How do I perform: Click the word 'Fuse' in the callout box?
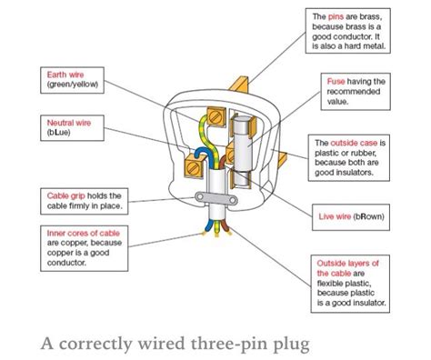(x=336, y=82)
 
